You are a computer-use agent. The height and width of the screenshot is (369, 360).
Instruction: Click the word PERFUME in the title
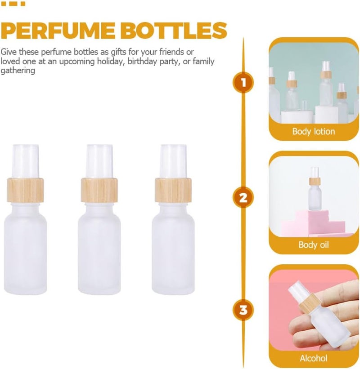(x=58, y=31)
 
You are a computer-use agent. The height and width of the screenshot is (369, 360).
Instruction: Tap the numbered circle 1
(x=243, y=83)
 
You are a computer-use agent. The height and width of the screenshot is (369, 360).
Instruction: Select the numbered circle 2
(x=243, y=197)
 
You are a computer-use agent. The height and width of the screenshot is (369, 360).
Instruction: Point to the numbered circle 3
(x=243, y=310)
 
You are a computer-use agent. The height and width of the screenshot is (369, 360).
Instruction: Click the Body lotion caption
(x=314, y=131)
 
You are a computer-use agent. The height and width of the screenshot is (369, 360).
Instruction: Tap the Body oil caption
(x=314, y=245)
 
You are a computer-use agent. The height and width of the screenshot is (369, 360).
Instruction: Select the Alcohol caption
(x=314, y=358)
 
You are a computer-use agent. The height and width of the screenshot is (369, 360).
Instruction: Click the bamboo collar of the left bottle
(x=25, y=190)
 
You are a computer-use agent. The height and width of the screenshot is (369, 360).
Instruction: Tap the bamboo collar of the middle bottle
(x=99, y=190)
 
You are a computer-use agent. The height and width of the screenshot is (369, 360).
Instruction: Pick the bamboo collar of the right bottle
(x=173, y=190)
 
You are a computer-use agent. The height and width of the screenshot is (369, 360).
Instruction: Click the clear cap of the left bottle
(x=25, y=161)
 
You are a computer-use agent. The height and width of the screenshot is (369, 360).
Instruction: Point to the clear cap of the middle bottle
(x=99, y=161)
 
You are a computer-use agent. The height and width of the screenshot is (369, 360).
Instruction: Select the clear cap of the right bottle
(x=173, y=161)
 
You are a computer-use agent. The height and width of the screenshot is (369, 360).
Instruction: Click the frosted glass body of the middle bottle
(x=99, y=249)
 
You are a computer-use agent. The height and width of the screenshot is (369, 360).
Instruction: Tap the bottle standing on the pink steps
(x=315, y=189)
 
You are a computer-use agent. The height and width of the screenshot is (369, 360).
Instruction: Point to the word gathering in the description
(x=18, y=71)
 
